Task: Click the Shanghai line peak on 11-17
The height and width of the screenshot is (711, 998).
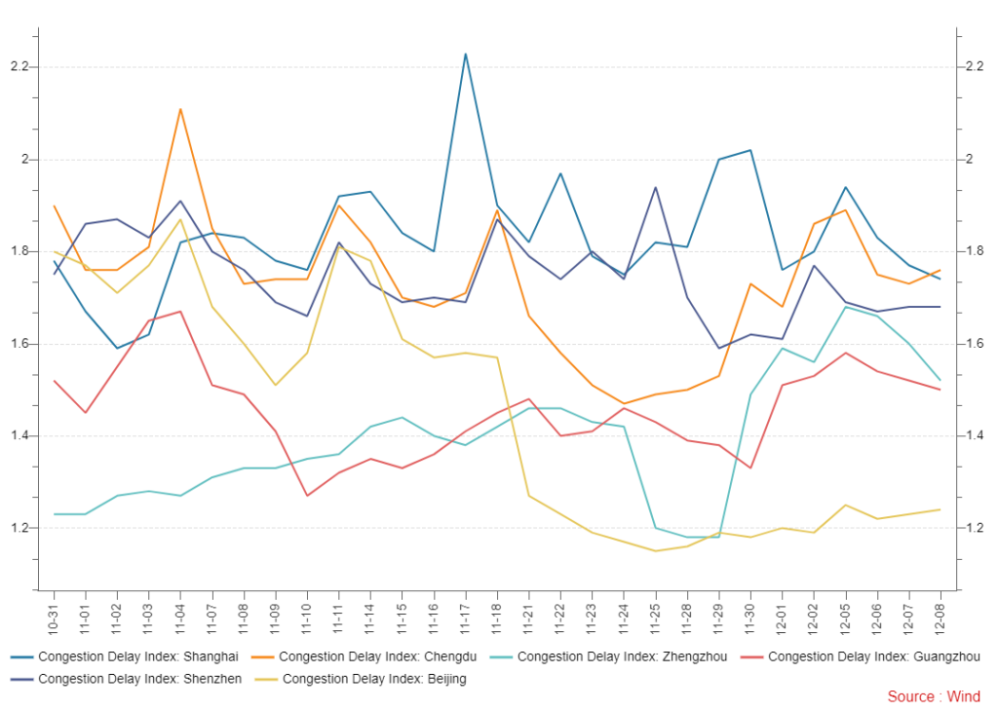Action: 466,54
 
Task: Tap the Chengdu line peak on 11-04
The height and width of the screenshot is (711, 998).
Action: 180,109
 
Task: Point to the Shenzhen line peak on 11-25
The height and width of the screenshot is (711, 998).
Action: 656,187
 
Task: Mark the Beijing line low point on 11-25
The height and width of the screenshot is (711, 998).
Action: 656,551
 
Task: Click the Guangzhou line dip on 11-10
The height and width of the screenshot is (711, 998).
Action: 307,496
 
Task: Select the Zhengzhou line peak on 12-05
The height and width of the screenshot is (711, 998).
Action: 846,307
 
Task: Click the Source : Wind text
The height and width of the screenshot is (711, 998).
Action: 934,696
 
